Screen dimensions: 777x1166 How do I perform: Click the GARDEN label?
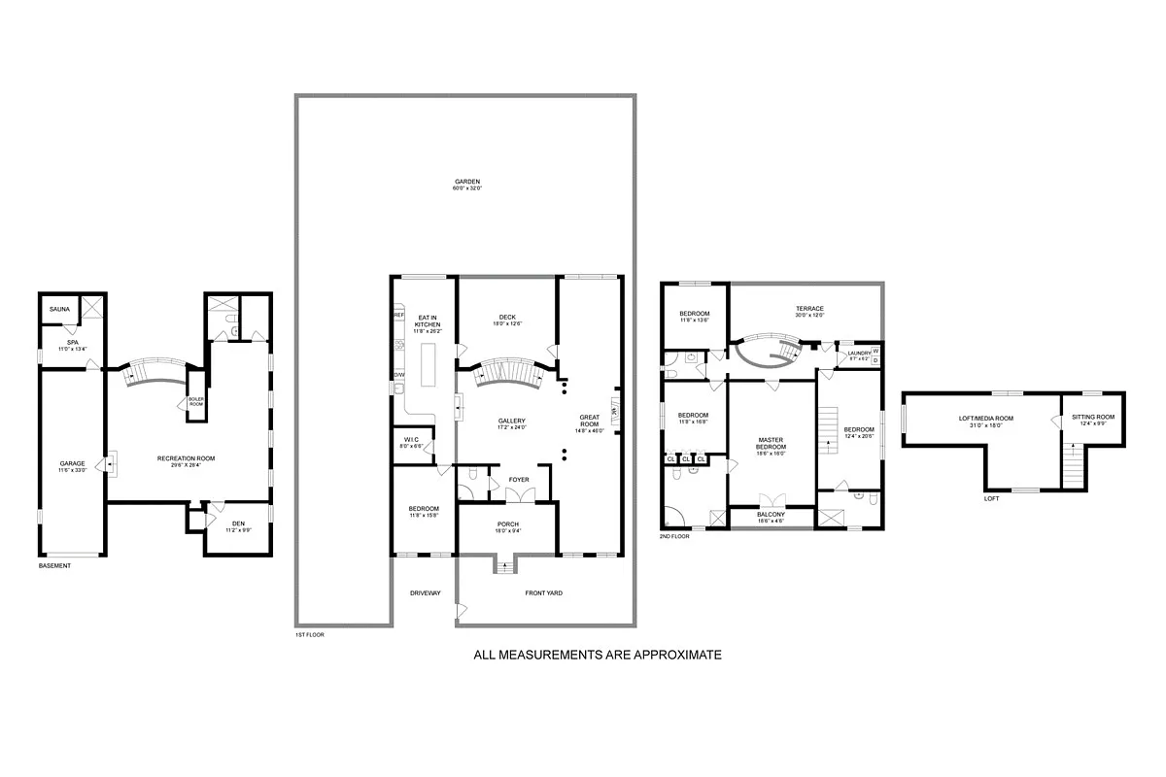coord(466,182)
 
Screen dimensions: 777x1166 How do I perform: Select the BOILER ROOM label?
coord(196,401)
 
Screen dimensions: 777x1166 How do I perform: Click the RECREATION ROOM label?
coord(186,457)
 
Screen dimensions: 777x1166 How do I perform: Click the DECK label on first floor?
coord(506,316)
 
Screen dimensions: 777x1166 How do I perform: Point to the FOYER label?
coord(519,479)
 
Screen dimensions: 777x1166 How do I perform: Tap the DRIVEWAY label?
coord(425,592)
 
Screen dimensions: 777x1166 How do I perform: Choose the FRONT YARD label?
coord(544,592)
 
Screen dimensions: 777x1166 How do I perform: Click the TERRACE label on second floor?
coord(809,309)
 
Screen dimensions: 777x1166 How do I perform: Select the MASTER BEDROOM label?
coord(771,443)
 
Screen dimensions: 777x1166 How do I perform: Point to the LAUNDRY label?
coord(859,354)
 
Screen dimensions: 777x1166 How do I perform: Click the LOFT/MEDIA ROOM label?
coord(985,419)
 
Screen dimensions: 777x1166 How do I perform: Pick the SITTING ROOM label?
coord(1093,417)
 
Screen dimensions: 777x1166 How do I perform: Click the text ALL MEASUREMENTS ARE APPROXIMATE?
coord(597,655)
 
